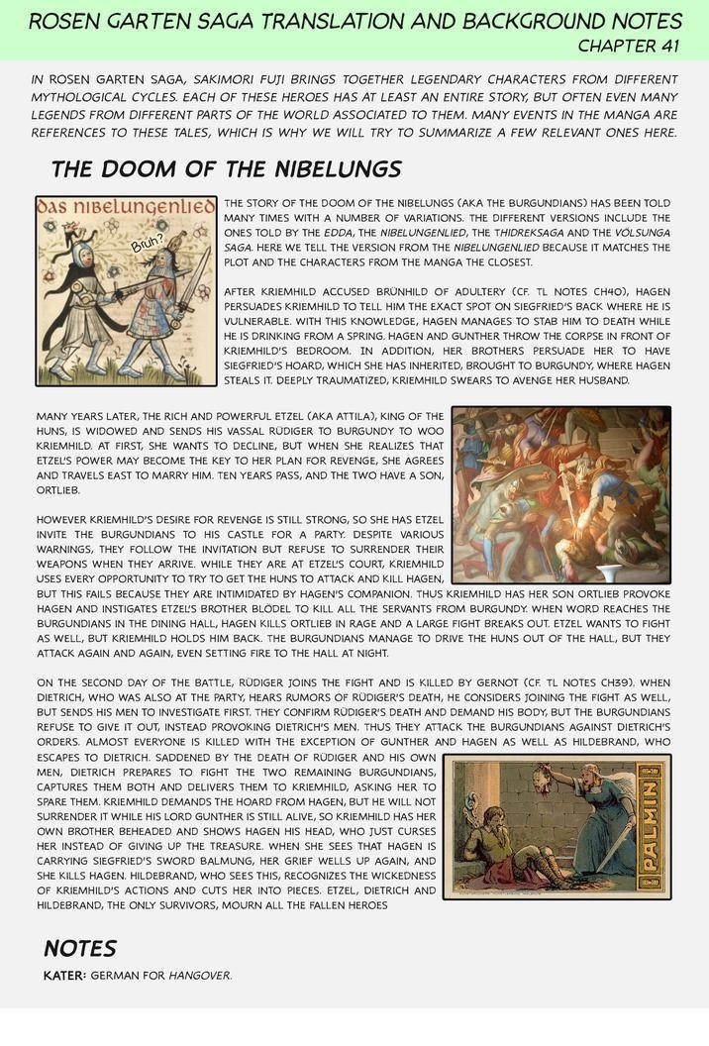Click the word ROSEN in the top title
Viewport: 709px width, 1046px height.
pos(64,21)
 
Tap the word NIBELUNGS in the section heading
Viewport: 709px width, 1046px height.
pos(336,168)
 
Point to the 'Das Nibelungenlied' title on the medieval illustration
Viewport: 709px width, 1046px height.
pos(126,207)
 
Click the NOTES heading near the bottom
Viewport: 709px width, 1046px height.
pos(80,948)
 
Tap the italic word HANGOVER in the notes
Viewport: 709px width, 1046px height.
pos(199,976)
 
